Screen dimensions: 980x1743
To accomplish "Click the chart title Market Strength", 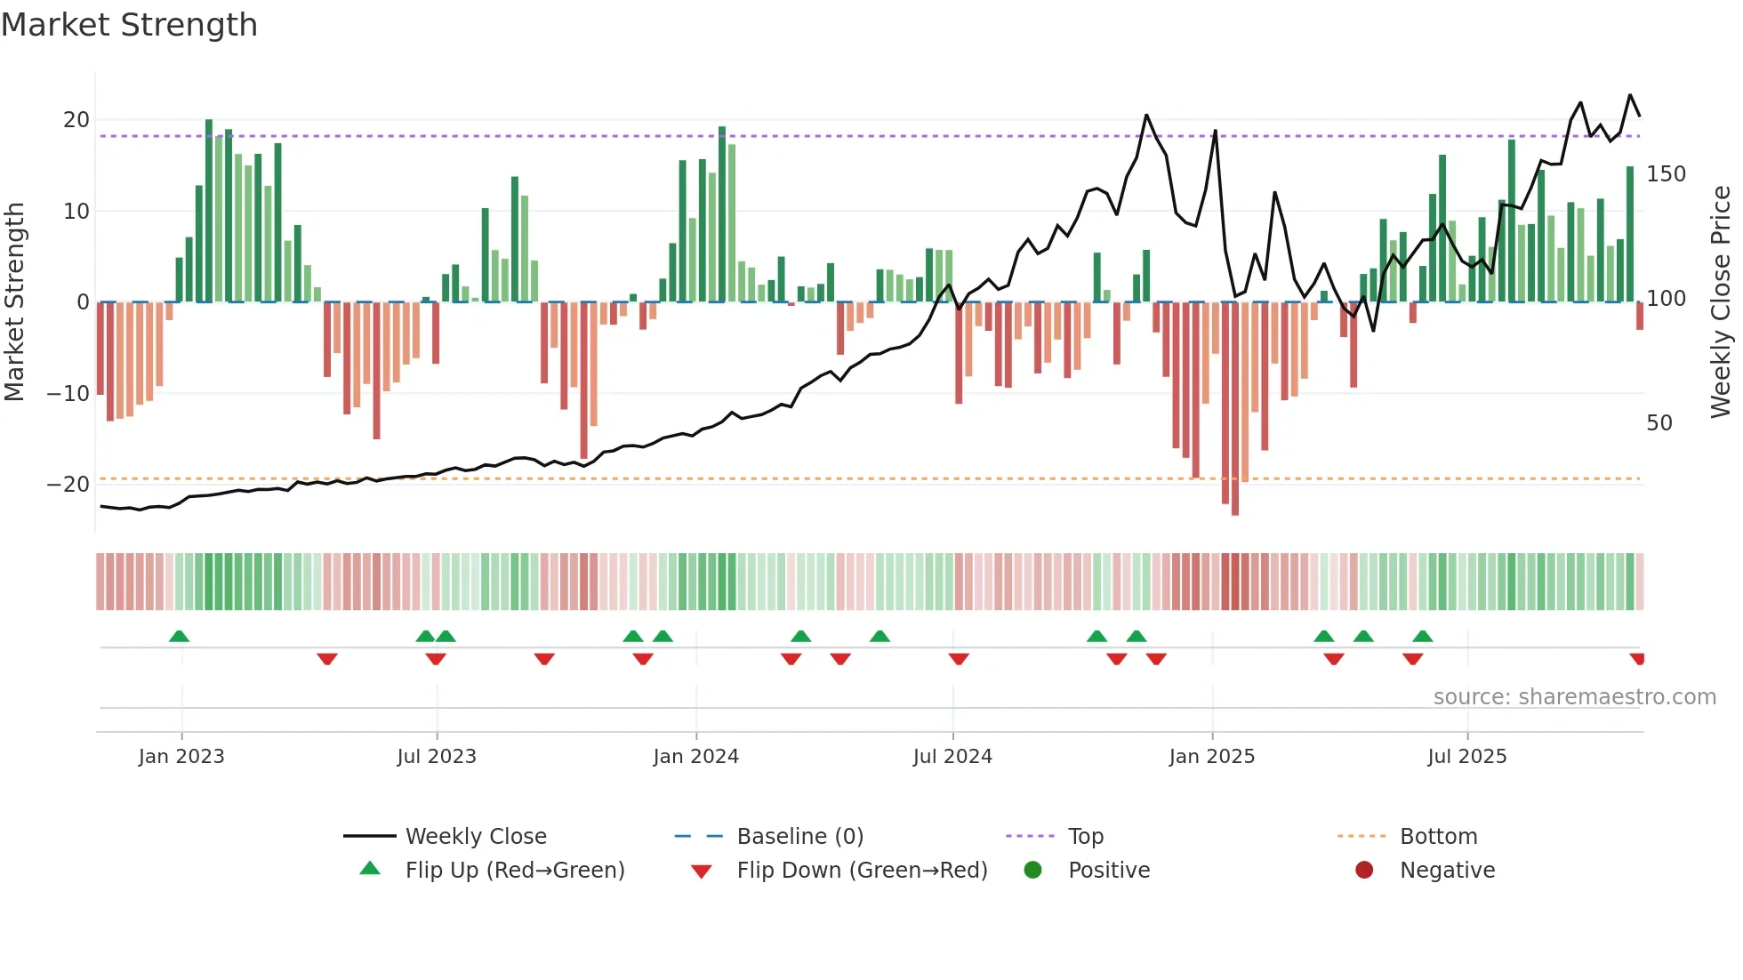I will [x=129, y=25].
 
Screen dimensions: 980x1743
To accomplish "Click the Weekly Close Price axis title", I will [x=1721, y=302].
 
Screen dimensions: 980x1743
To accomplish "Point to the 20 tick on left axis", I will [x=76, y=120].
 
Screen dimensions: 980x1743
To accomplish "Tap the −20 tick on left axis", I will [x=69, y=485].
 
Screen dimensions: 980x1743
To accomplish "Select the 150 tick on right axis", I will [x=1666, y=174].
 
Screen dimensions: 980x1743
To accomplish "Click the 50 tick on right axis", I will [x=1659, y=423].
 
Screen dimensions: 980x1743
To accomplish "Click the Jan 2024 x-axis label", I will [x=695, y=757].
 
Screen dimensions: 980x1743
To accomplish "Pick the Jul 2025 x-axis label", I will [x=1466, y=757].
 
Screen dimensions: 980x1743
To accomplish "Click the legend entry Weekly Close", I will [x=476, y=837].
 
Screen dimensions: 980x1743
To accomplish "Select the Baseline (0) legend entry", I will [x=799, y=837].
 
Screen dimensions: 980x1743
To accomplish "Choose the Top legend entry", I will [x=1085, y=837].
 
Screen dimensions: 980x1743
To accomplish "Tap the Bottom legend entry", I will [x=1438, y=837].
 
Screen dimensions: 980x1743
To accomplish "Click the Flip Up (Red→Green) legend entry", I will [x=515, y=871].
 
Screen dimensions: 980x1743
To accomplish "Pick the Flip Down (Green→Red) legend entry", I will [x=862, y=871].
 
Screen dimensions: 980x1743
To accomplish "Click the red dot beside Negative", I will [x=1364, y=870].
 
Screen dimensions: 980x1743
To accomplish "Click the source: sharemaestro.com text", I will [x=1574, y=697].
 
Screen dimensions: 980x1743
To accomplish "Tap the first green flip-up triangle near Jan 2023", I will [x=179, y=636].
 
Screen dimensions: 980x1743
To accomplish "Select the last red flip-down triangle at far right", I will [x=1637, y=659].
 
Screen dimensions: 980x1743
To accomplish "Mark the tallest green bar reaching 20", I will [x=209, y=211].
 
